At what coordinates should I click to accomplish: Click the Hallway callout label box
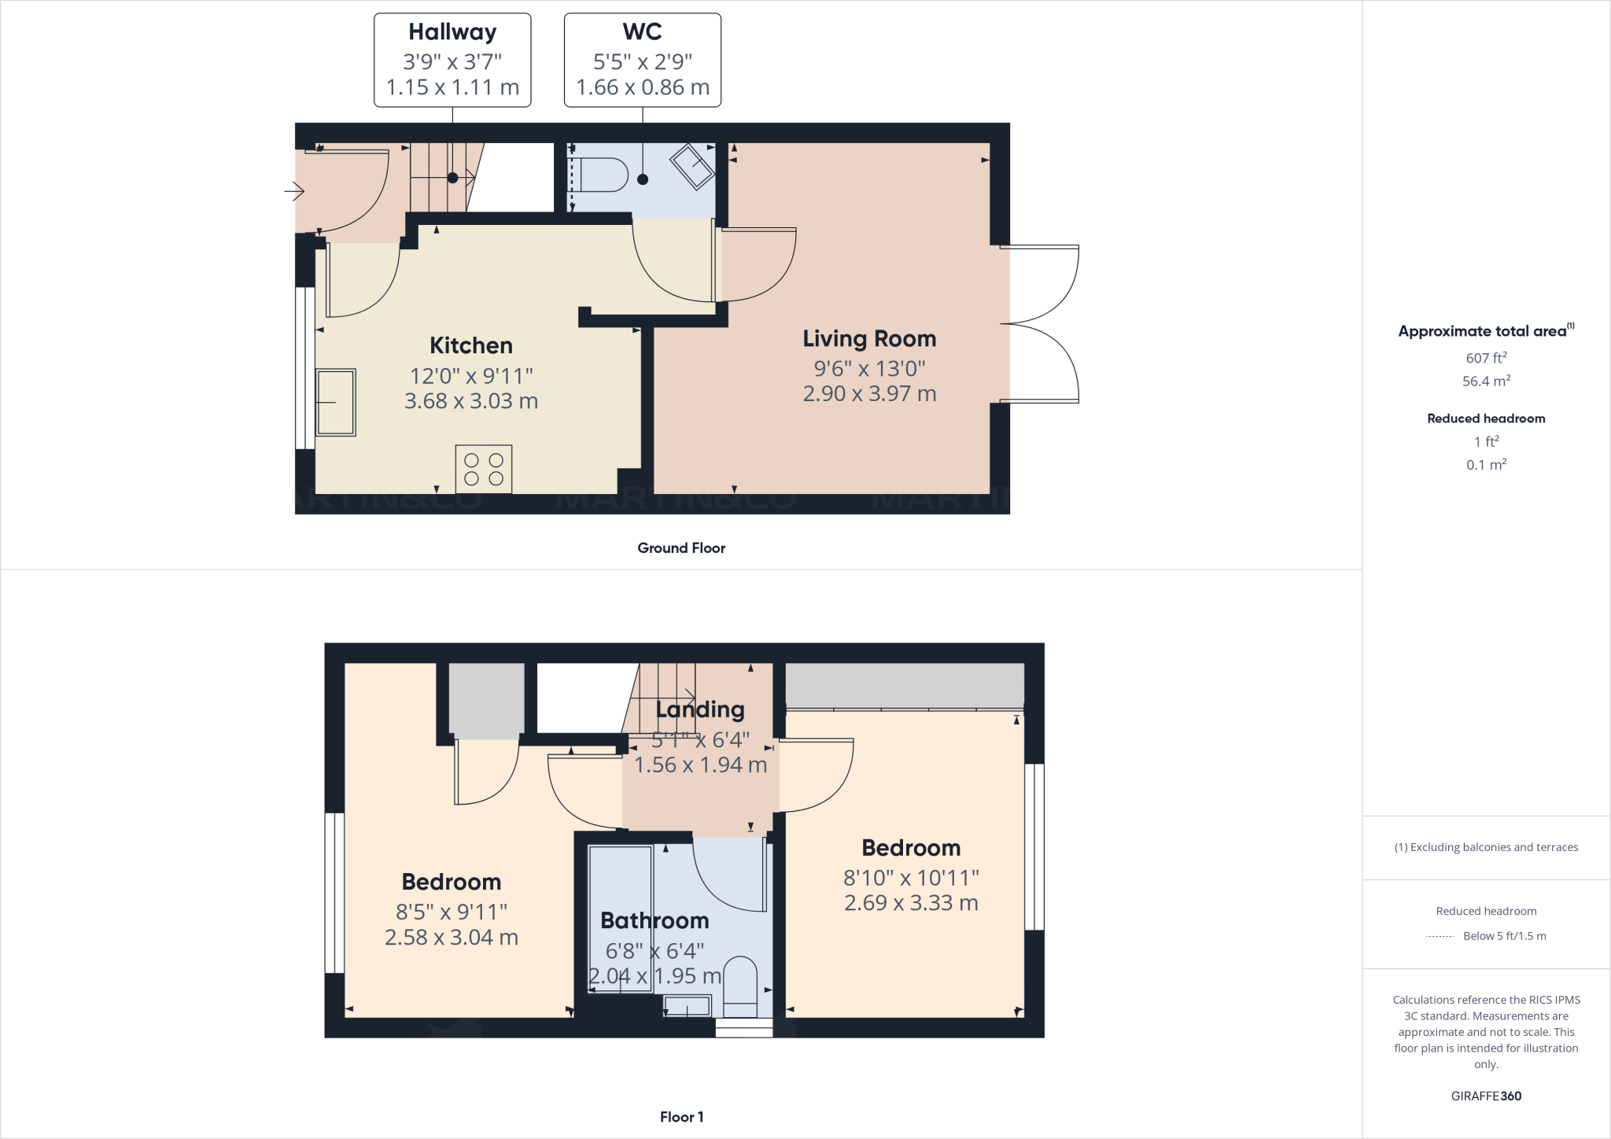(x=452, y=60)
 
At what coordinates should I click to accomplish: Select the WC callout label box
(x=642, y=60)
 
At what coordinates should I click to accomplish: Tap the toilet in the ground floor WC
(x=599, y=175)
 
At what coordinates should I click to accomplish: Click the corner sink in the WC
(x=692, y=166)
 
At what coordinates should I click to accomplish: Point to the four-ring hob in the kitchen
(x=483, y=470)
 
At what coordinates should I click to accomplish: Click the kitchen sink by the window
(x=336, y=402)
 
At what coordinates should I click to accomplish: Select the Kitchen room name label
(x=470, y=345)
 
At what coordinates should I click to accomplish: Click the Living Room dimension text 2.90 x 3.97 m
(x=869, y=393)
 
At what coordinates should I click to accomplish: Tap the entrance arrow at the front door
(x=294, y=190)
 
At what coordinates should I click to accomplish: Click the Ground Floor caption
(x=681, y=548)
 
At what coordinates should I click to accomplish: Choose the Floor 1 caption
(x=681, y=1117)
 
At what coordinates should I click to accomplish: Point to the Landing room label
(x=700, y=710)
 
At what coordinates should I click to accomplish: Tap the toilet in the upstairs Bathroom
(x=739, y=982)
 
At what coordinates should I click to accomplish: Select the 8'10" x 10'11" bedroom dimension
(x=911, y=877)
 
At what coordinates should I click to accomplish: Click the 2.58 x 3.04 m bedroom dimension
(x=451, y=938)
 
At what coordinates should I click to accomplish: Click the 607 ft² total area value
(x=1485, y=358)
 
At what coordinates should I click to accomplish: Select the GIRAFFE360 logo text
(x=1486, y=1096)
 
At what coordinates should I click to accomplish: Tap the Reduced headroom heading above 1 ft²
(x=1486, y=418)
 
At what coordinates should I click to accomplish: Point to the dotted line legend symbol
(x=1440, y=937)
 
